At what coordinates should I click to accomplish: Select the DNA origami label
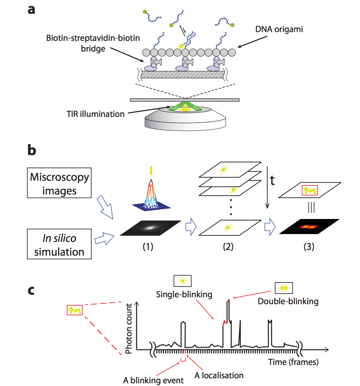pos(279,29)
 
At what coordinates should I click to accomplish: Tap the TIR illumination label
pos(95,114)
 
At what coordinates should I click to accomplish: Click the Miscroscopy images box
pos(59,183)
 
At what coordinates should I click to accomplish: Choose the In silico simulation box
pos(59,245)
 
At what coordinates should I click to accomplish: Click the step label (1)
pos(148,247)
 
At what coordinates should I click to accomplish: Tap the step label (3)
pos(308,247)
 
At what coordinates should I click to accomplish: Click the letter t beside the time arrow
pos(273,181)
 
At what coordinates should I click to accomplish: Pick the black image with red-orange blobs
pos(309,227)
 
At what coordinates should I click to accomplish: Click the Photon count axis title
pos(129,328)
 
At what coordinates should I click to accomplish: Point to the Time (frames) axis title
pos(293,361)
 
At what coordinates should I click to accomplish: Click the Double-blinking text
pos(288,301)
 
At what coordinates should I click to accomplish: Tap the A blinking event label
pos(154,380)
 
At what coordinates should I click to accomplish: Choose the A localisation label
pos(219,375)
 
